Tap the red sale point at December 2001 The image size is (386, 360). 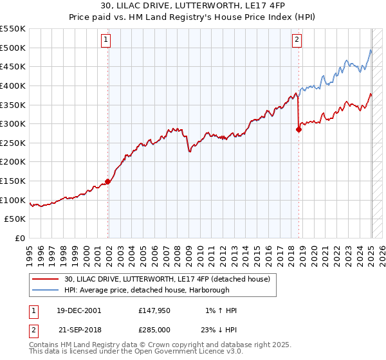click(x=108, y=181)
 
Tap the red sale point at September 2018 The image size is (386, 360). click(x=299, y=129)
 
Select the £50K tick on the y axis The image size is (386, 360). click(x=15, y=219)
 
